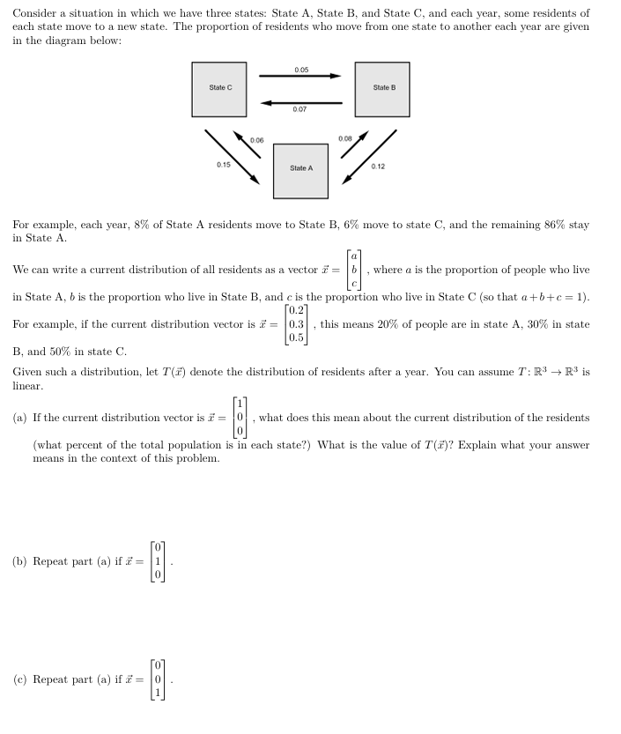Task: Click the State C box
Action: coord(220,89)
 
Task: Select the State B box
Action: coord(383,89)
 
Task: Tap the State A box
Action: coord(300,169)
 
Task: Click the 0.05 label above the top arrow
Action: coord(300,69)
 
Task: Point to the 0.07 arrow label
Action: coord(300,109)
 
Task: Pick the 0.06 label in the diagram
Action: coord(256,140)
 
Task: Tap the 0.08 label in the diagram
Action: coord(344,139)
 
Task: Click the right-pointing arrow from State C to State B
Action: coord(299,77)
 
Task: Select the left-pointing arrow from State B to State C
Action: coord(300,101)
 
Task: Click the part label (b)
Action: coord(20,561)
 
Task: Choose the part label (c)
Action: coord(20,679)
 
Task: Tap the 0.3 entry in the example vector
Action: coord(296,324)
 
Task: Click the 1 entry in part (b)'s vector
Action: coord(159,561)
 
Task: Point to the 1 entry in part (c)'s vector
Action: coord(159,692)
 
